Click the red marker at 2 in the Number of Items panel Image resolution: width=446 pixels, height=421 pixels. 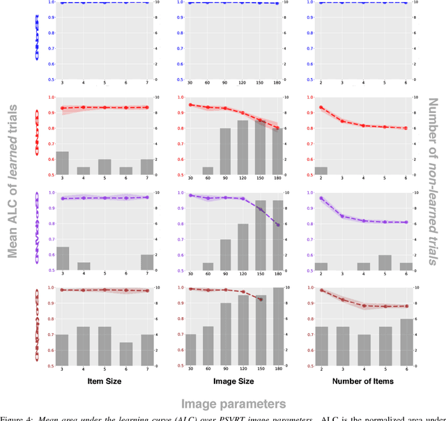pyautogui.click(x=321, y=107)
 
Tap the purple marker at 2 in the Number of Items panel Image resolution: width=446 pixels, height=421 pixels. pyautogui.click(x=321, y=198)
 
